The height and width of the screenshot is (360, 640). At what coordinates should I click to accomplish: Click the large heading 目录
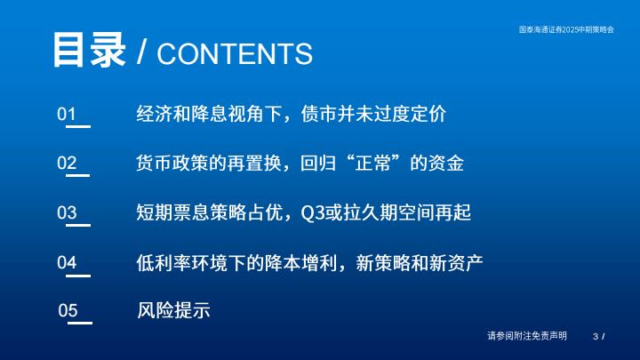(89, 50)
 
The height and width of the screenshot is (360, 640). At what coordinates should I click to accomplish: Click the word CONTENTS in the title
(235, 53)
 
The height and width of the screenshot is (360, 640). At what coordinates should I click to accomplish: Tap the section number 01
(67, 114)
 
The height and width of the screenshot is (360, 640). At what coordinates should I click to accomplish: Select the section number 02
(67, 163)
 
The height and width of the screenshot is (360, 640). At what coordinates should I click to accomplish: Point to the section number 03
(67, 212)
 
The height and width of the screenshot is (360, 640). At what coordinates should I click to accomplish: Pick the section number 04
(67, 262)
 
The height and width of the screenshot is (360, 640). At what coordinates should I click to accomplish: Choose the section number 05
(68, 310)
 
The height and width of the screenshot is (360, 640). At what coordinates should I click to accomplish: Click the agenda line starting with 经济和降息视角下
(291, 114)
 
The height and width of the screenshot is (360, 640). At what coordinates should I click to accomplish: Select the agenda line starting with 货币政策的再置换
(300, 163)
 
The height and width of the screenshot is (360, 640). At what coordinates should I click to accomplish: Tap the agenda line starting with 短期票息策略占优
(304, 212)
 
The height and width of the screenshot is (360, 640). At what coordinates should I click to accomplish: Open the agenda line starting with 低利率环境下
(309, 262)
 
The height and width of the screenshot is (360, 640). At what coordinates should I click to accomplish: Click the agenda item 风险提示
(173, 310)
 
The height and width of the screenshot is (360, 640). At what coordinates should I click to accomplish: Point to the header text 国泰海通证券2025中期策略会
(566, 29)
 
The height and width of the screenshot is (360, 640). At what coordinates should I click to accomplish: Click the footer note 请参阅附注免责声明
(527, 336)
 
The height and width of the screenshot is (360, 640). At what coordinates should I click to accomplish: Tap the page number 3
(596, 336)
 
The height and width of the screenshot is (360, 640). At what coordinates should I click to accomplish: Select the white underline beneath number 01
(78, 126)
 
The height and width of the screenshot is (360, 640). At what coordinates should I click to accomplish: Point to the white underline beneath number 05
(80, 323)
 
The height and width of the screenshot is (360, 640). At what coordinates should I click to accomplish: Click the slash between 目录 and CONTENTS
(141, 52)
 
